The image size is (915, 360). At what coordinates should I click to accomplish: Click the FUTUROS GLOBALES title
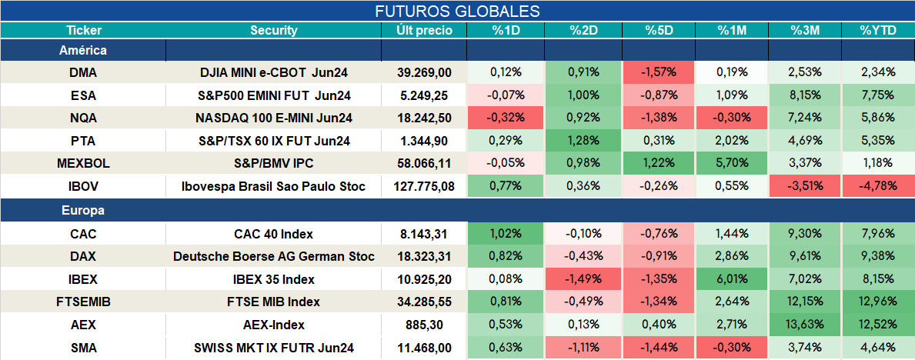pyautogui.click(x=457, y=11)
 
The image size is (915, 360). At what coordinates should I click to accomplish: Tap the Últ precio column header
pyautogui.click(x=424, y=31)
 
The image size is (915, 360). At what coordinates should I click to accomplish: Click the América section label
pyautogui.click(x=83, y=50)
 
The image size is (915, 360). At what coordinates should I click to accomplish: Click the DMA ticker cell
pyautogui.click(x=83, y=72)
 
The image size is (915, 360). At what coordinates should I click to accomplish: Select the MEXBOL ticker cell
pyautogui.click(x=83, y=164)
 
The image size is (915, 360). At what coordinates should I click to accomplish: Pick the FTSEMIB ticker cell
pyautogui.click(x=83, y=302)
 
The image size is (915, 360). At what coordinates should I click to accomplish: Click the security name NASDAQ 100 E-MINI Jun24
pyautogui.click(x=274, y=118)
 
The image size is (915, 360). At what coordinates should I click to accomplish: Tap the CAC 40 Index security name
pyautogui.click(x=274, y=235)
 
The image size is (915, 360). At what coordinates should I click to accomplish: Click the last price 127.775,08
pyautogui.click(x=424, y=187)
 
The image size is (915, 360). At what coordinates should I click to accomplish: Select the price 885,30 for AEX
pyautogui.click(x=424, y=325)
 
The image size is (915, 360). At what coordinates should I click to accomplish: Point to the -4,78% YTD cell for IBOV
pyautogui.click(x=877, y=187)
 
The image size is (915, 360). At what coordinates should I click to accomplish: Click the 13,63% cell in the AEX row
pyautogui.click(x=804, y=325)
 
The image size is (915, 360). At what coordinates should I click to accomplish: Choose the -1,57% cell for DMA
pyautogui.click(x=658, y=72)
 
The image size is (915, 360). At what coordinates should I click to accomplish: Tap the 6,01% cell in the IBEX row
pyautogui.click(x=731, y=279)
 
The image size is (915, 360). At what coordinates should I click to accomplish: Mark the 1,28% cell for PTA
pyautogui.click(x=583, y=141)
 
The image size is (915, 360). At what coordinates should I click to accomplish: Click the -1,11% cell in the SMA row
pyautogui.click(x=583, y=348)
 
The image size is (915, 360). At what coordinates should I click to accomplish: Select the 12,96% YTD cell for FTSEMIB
pyautogui.click(x=877, y=302)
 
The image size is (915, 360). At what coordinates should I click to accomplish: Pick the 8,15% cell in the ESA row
pyautogui.click(x=804, y=95)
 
